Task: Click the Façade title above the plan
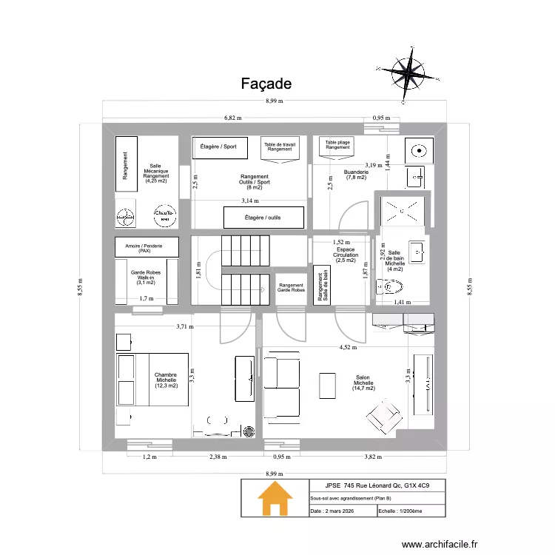click(266, 84)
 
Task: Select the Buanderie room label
click(356, 175)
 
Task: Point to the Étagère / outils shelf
click(263, 218)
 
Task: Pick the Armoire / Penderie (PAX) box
click(147, 246)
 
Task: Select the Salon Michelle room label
click(363, 382)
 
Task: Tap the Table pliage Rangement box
click(337, 144)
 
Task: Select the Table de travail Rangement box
click(280, 147)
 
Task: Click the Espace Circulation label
click(346, 255)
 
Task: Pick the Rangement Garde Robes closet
click(291, 288)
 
